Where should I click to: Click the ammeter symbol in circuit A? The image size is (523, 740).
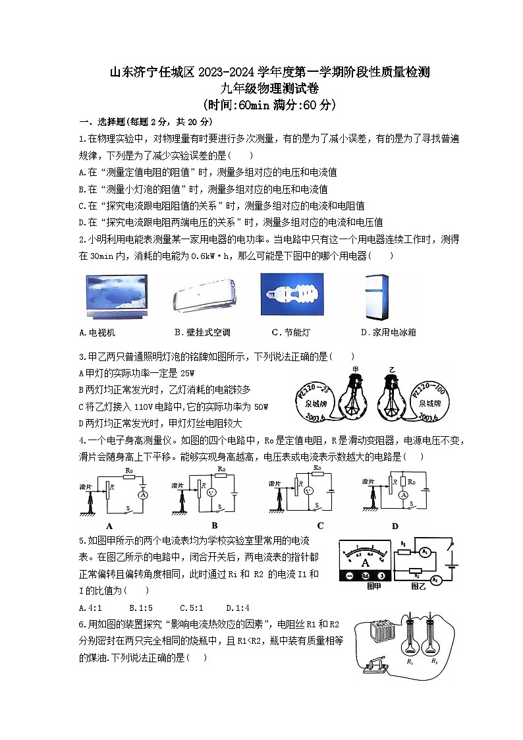coord(140,494)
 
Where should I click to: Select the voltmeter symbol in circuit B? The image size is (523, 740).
coord(209,494)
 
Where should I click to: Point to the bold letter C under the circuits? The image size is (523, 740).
coord(320,525)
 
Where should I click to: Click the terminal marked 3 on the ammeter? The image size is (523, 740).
coord(381,575)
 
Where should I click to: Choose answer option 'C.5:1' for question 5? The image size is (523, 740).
coord(192,608)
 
